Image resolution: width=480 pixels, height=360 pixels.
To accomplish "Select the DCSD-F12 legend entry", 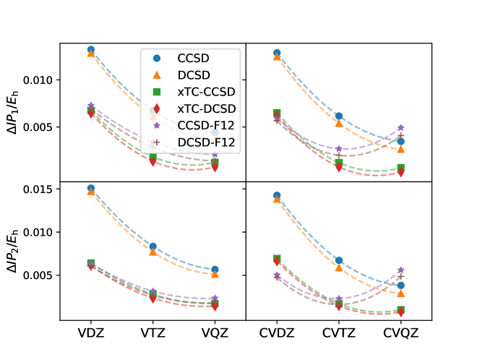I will click(207, 143).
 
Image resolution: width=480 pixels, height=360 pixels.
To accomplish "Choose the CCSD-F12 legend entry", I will click(207, 126).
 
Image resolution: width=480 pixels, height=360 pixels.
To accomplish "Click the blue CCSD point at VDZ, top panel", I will click(91, 50).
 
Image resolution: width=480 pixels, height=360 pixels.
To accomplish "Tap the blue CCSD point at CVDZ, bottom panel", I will click(277, 195).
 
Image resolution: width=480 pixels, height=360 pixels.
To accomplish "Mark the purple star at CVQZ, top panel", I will click(401, 128).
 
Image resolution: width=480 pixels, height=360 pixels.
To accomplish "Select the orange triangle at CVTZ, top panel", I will click(339, 123).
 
